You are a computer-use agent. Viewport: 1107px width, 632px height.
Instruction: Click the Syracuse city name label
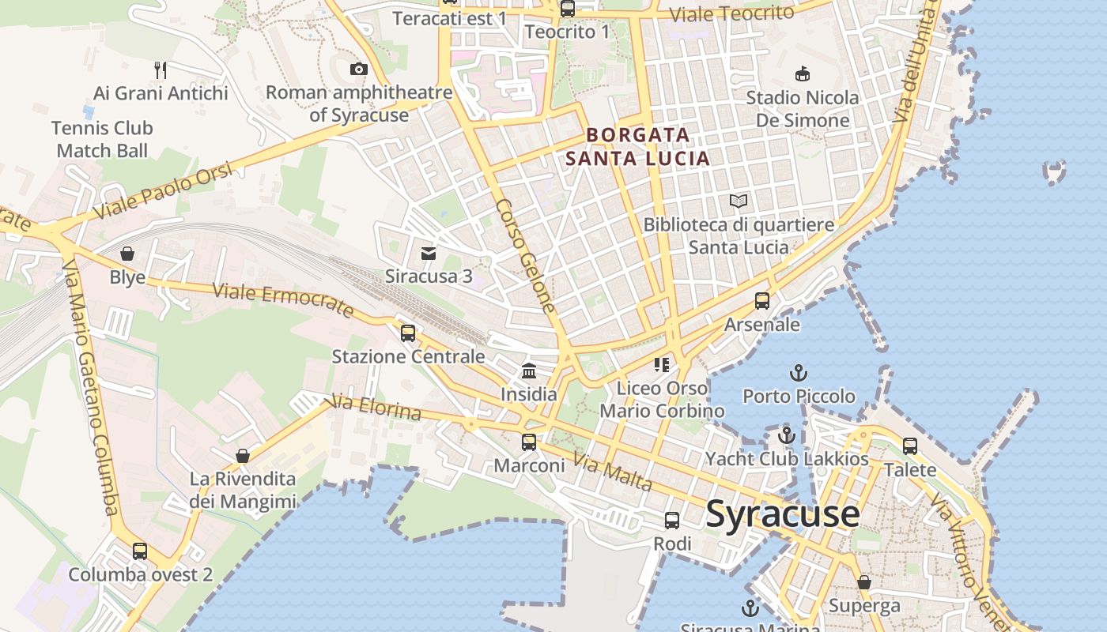pos(782,514)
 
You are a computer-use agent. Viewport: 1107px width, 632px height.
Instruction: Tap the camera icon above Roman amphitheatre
pos(359,70)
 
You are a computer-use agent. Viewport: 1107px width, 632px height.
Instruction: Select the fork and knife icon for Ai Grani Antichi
pos(161,70)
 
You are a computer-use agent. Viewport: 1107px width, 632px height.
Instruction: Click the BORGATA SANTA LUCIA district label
pos(637,147)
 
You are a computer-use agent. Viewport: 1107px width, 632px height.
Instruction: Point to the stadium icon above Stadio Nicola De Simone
pos(803,74)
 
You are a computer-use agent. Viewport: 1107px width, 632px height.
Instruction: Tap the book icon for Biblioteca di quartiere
pos(739,201)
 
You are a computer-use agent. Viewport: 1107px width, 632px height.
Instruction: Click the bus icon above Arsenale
pos(762,301)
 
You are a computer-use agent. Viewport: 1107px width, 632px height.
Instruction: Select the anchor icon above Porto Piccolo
pos(799,372)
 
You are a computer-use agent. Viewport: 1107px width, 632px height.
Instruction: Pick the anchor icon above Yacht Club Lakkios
pos(786,435)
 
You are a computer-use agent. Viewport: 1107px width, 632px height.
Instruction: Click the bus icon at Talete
pos(910,446)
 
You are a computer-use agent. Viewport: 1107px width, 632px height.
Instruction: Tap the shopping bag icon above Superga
pos(864,582)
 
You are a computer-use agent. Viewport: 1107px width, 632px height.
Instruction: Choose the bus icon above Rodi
pos(672,521)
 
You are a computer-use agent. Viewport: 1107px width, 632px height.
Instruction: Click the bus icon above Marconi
pos(529,442)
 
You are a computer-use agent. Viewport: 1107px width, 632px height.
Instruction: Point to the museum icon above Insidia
pos(529,371)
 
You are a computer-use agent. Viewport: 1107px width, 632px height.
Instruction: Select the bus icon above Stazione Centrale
pos(408,333)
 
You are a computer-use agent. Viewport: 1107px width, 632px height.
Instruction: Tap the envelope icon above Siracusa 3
pos(429,253)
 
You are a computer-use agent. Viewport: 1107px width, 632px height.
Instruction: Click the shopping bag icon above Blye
pos(127,254)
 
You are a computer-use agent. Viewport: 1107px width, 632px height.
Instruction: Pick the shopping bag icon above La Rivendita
pos(243,456)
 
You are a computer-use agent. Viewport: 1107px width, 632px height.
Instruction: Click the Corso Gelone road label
pos(526,254)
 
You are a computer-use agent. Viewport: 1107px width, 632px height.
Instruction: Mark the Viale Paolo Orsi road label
pos(164,191)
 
